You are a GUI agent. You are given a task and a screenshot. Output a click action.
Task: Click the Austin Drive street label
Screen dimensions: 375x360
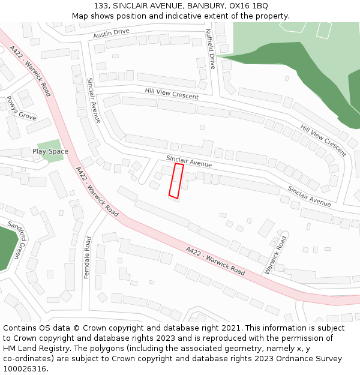tap(111, 34)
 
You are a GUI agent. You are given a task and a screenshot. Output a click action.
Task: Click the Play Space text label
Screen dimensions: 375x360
tap(50, 151)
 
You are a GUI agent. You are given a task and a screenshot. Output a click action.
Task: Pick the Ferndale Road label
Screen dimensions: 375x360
tap(88, 257)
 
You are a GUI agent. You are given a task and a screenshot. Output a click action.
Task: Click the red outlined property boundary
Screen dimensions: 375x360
tap(176, 181)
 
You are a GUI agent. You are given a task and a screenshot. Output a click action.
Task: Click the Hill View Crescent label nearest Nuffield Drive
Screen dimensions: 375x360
tap(172, 94)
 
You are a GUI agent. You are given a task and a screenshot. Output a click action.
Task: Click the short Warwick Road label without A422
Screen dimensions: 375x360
tap(275, 254)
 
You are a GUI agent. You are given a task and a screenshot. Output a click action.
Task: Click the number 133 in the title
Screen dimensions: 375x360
tap(100, 6)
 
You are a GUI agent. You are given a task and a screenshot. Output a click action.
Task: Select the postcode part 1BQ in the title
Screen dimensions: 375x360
tap(259, 6)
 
